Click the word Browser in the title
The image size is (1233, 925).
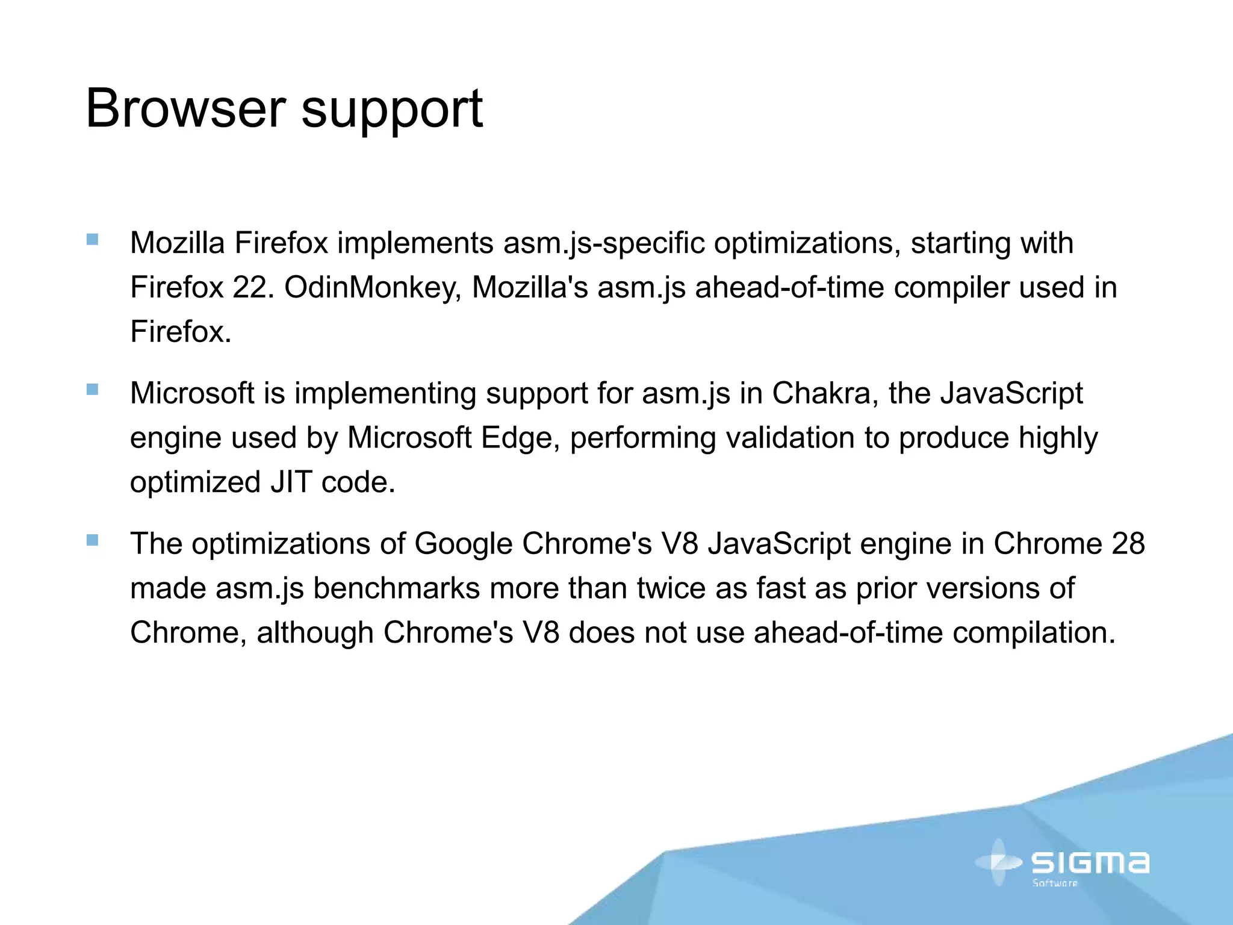[x=185, y=108]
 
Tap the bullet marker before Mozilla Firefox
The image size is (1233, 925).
[x=92, y=240]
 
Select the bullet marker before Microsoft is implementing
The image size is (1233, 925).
[x=92, y=390]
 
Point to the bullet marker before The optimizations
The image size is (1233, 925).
[x=92, y=540]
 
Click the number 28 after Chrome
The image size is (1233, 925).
[x=1128, y=544]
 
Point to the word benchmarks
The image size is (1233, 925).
[x=396, y=588]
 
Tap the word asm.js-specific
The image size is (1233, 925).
[x=604, y=243]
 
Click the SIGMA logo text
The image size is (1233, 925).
[x=1090, y=862]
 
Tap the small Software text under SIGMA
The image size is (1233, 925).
[x=1055, y=883]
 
